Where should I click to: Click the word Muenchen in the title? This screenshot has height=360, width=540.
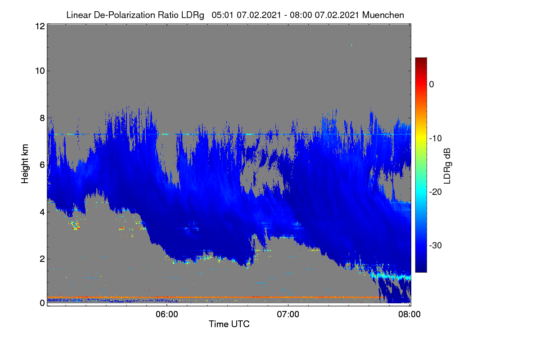(x=383, y=15)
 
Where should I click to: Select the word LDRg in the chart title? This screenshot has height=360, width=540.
(x=193, y=15)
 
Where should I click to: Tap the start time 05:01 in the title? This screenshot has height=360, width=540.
(x=222, y=15)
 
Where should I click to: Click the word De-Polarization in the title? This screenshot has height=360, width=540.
(x=124, y=15)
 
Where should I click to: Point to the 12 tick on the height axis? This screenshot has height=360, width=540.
(x=40, y=26)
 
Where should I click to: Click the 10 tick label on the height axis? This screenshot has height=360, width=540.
(x=40, y=71)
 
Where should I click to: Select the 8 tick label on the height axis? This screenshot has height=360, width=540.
(x=42, y=118)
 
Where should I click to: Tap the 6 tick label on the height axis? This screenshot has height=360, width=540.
(x=42, y=165)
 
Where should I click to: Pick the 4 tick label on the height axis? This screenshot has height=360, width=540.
(x=42, y=212)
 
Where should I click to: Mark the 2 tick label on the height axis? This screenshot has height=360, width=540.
(x=42, y=259)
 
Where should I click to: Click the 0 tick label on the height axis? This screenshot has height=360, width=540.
(x=42, y=303)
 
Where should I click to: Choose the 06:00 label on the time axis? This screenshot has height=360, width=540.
(x=167, y=315)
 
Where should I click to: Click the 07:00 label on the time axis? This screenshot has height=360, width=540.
(x=288, y=315)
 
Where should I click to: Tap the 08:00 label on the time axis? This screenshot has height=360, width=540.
(x=409, y=315)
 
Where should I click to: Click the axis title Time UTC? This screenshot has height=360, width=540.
(x=229, y=324)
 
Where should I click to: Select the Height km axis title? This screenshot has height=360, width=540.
(x=25, y=164)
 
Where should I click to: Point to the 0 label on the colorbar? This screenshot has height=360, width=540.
(x=432, y=85)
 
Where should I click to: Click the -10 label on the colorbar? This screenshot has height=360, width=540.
(x=436, y=139)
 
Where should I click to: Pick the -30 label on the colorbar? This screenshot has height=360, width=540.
(x=436, y=245)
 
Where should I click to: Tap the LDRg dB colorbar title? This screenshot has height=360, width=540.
(x=447, y=166)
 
